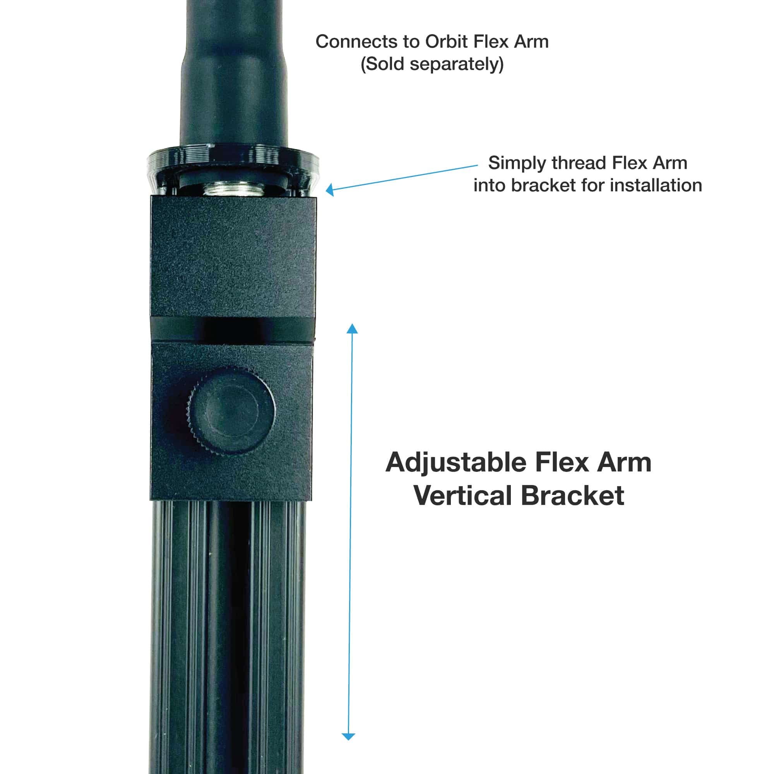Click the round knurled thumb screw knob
pos(231,411)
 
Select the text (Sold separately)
pos(432,64)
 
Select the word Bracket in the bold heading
pos(572,496)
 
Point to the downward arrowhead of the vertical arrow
pos(348,736)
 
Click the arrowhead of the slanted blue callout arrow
pos(330,190)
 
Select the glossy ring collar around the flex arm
pos(233,170)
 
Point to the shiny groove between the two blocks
pos(233,330)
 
